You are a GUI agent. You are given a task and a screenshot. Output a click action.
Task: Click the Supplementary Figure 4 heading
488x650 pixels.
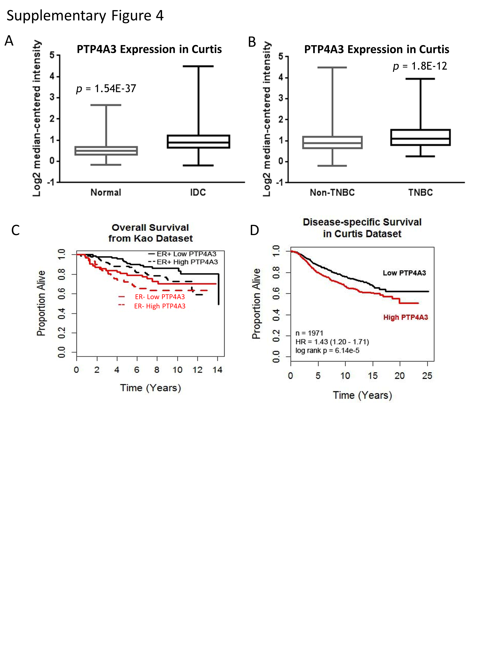(x=85, y=16)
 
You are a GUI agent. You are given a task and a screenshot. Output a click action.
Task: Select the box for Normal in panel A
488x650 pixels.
(x=106, y=151)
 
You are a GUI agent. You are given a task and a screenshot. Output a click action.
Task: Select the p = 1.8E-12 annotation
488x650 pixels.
(x=420, y=66)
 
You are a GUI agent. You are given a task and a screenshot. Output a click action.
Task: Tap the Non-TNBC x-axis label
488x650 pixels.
(x=332, y=192)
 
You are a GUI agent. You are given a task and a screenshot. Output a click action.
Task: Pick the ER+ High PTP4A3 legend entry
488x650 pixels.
(x=187, y=262)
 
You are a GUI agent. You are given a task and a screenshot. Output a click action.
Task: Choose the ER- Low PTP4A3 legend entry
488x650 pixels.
(x=160, y=297)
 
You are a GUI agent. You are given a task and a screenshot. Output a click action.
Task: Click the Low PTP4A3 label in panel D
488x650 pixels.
(x=404, y=273)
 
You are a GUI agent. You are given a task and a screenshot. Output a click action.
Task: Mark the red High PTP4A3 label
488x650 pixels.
(x=405, y=317)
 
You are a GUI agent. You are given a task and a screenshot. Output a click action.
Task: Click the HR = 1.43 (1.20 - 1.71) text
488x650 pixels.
(x=332, y=342)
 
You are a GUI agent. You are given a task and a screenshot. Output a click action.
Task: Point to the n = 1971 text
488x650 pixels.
(x=309, y=333)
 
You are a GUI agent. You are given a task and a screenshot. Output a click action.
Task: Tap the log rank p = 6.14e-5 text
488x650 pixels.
(x=327, y=351)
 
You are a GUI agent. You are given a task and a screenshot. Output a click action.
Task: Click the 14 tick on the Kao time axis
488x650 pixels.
(x=217, y=370)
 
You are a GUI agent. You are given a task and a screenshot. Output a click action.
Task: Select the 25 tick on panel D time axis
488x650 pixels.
(x=427, y=376)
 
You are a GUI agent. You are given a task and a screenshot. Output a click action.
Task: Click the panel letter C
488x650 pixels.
(x=15, y=230)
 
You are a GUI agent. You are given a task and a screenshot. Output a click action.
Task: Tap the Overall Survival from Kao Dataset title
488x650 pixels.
(x=150, y=233)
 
